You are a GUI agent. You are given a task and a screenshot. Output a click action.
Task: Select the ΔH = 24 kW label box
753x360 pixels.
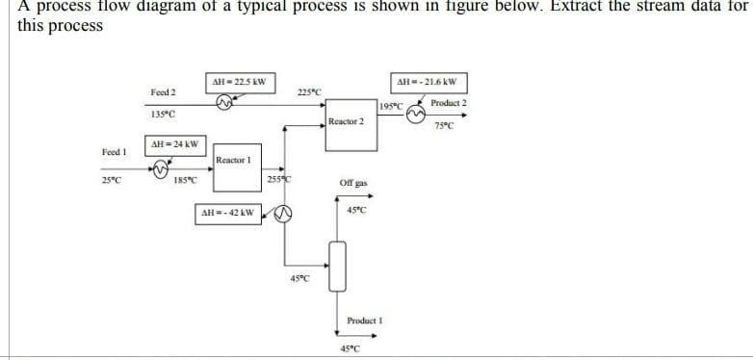172,144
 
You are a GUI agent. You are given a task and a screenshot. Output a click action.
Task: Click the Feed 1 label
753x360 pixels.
115,152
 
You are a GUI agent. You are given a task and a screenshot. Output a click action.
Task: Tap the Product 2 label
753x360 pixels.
449,103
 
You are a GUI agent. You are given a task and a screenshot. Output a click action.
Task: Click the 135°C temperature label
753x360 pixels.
163,115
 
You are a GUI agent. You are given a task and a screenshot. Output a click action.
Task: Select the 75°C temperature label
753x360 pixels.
444,126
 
